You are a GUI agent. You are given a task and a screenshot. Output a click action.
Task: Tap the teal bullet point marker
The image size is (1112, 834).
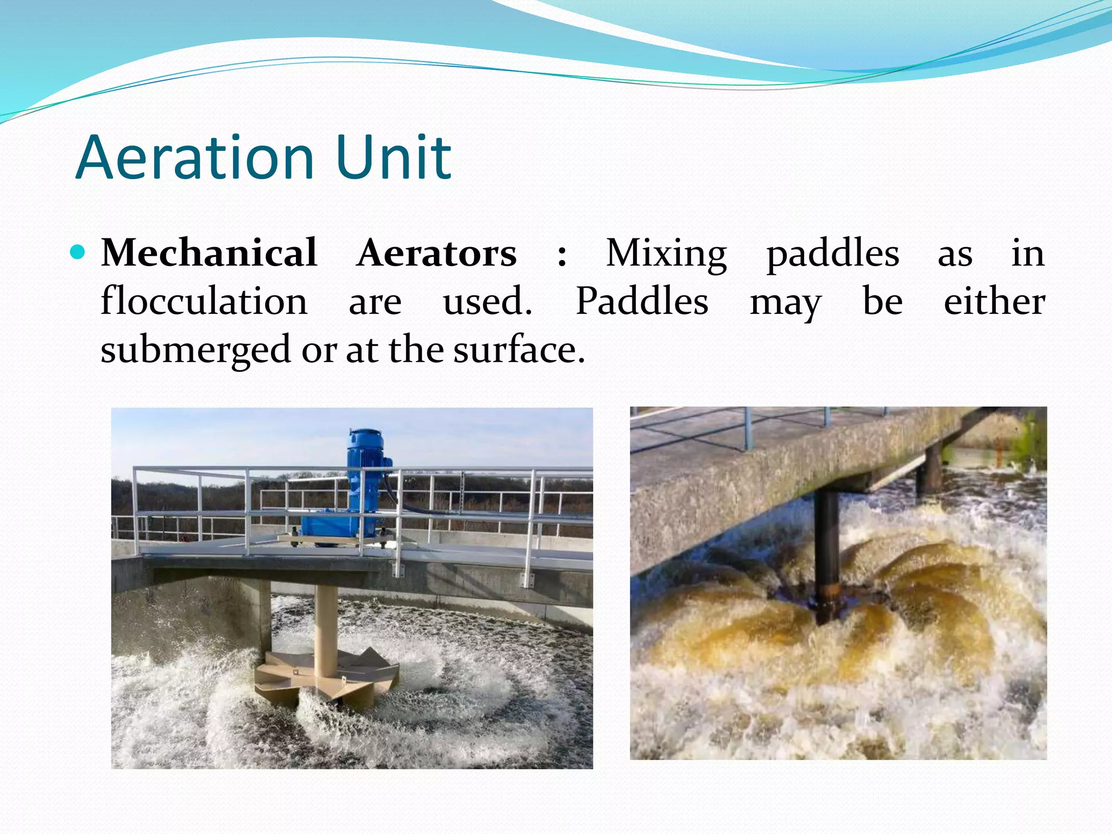78,252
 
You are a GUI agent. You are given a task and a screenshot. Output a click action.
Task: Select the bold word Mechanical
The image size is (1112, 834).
209,253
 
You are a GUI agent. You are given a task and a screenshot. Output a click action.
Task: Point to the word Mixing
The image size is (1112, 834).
666,254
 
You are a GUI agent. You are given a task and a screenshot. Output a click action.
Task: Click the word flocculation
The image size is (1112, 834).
204,301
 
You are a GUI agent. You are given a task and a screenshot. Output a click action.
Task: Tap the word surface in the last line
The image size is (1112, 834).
519,349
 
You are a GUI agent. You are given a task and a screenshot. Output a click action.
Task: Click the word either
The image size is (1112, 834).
994,301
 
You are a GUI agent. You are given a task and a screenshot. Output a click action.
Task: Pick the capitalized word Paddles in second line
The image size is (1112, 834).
642,301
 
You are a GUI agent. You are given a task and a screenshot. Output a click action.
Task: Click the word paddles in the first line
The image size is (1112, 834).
832,254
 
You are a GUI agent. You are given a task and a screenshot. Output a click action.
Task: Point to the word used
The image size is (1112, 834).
487,301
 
